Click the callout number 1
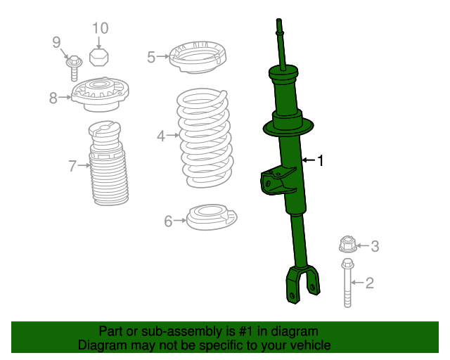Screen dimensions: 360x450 pyautogui.click(x=321, y=161)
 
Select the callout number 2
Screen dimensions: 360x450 pyautogui.click(x=369, y=283)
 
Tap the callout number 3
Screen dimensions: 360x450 pyautogui.click(x=375, y=246)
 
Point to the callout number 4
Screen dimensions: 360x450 pyautogui.click(x=161, y=136)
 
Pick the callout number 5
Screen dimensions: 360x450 pyautogui.click(x=151, y=57)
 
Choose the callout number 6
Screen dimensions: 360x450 pyautogui.click(x=168, y=221)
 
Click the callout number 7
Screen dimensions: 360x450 pyautogui.click(x=72, y=166)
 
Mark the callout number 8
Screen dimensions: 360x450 pyautogui.click(x=53, y=98)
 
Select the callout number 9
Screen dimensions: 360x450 pyautogui.click(x=57, y=43)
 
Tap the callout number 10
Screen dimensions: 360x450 pyautogui.click(x=100, y=28)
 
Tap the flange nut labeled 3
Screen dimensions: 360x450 pyautogui.click(x=347, y=245)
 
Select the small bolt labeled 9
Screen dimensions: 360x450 pyautogui.click(x=74, y=65)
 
